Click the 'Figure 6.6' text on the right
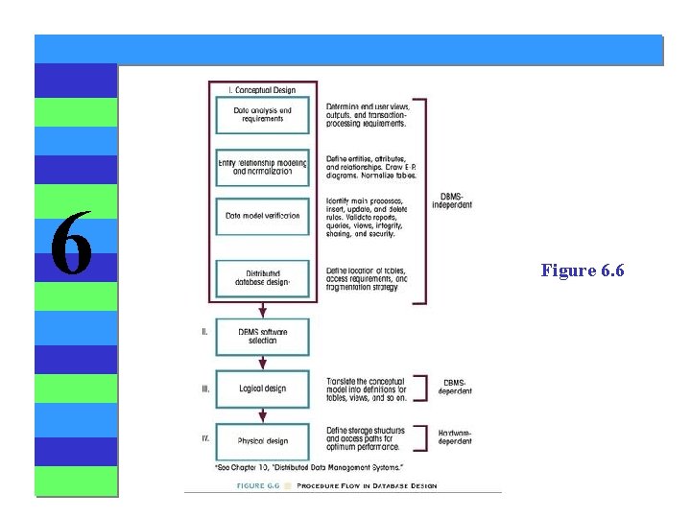583,271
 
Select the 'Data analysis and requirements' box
263,116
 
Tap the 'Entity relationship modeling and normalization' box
263,167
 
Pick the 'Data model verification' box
263,217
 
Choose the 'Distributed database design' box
263,278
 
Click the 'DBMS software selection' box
263,336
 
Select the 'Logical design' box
263,388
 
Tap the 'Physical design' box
263,440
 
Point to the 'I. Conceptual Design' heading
262,90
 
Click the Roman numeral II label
204,331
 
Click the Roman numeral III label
205,388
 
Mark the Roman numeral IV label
205,438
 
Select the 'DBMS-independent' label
456,200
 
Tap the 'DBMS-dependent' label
455,387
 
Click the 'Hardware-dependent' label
455,437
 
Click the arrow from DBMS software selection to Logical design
263,362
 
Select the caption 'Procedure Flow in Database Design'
367,485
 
